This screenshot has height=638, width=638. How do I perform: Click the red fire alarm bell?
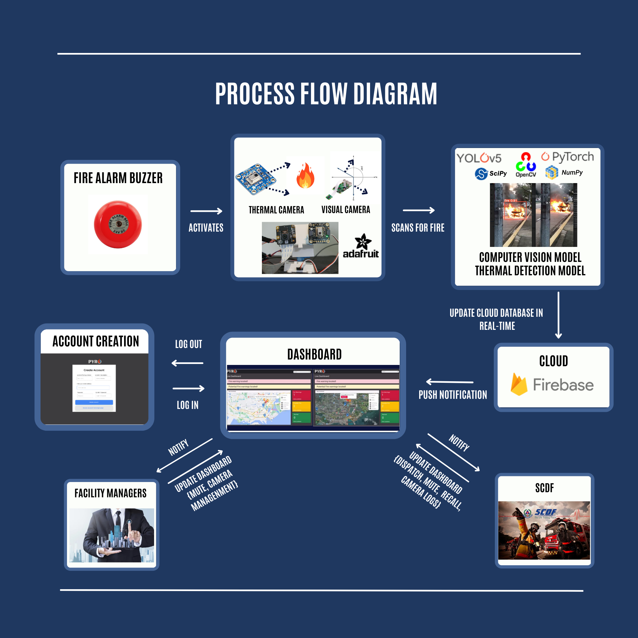(x=118, y=224)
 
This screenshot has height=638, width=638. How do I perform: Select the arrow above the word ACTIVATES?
(x=206, y=211)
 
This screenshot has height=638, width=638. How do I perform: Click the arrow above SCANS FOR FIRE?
(x=419, y=210)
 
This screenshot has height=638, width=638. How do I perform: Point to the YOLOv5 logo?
(x=478, y=158)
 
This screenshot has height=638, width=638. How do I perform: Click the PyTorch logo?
(x=567, y=157)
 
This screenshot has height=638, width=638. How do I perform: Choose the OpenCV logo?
(x=526, y=165)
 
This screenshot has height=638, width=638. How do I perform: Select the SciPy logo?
(x=490, y=173)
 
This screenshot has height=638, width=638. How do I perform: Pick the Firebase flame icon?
(x=518, y=384)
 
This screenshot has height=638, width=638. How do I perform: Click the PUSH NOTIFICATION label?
(x=453, y=395)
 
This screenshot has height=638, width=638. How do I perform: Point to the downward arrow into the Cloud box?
(x=559, y=315)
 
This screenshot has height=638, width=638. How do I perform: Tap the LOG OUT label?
(x=188, y=344)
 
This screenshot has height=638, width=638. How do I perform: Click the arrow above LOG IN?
(x=188, y=388)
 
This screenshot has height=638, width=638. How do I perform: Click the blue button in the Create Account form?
(x=94, y=402)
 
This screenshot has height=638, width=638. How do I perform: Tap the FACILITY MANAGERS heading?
(x=110, y=493)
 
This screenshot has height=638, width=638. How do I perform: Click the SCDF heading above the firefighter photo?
(x=544, y=488)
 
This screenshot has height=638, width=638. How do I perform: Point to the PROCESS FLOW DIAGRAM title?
(x=326, y=94)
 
